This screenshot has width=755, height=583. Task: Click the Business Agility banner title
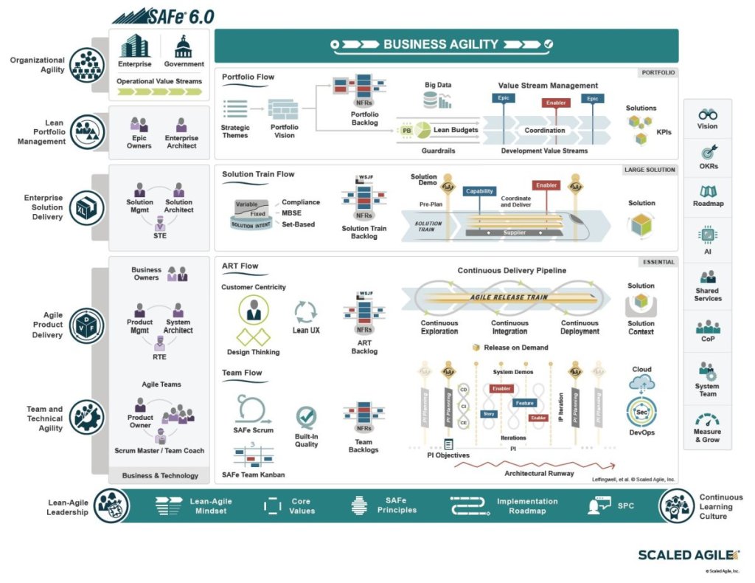(441, 45)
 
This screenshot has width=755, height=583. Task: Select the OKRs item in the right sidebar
(708, 159)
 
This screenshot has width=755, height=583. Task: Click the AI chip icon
(708, 235)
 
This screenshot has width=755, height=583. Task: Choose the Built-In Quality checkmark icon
(306, 418)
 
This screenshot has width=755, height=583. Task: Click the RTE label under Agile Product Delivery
(159, 357)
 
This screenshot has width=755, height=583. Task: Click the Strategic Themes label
(235, 131)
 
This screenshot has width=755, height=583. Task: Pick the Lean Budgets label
(455, 131)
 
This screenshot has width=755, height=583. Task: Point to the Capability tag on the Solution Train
(480, 191)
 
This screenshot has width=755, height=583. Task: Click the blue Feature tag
(524, 403)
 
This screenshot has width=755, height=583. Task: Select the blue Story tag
(489, 414)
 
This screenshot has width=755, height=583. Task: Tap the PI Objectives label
(448, 455)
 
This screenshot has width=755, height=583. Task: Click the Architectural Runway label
(539, 474)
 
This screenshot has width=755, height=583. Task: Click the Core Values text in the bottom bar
(302, 506)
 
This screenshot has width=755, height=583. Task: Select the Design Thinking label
(253, 352)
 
